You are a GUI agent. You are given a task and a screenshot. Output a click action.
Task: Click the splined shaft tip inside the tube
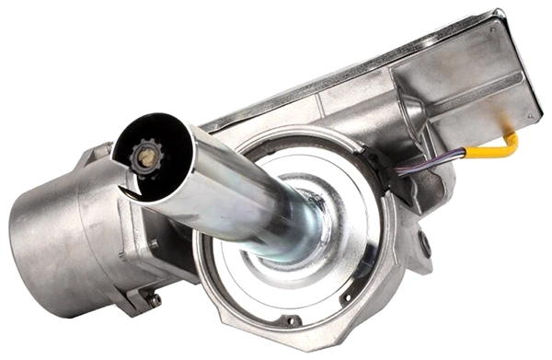click(x=145, y=157)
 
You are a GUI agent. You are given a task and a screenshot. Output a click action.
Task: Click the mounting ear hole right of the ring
click(x=423, y=245)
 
